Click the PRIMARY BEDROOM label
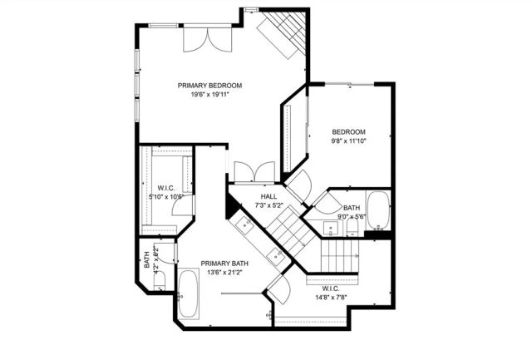coord(209,86)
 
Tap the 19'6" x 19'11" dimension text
coord(209,95)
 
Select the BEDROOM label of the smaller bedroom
coord(348,132)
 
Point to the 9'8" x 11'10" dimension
coord(348,141)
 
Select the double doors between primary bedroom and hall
coord(254,172)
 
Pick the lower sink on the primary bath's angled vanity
coord(276,255)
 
